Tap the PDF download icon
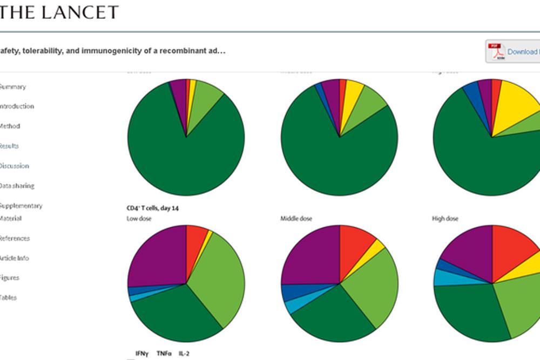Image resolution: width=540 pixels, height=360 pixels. coord(496,52)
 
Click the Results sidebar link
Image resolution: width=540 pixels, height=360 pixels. coord(9,146)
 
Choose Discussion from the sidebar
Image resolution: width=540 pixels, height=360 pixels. coord(14,166)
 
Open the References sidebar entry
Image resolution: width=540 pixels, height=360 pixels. coord(15,238)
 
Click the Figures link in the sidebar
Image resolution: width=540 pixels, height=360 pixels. coord(9,277)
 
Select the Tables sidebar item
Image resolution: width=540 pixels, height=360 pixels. coord(8,297)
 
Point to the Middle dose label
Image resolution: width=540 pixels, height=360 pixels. coord(296,219)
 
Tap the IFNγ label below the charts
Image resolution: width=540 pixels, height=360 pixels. coord(143,354)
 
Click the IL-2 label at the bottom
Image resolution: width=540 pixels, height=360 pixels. coord(184,354)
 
